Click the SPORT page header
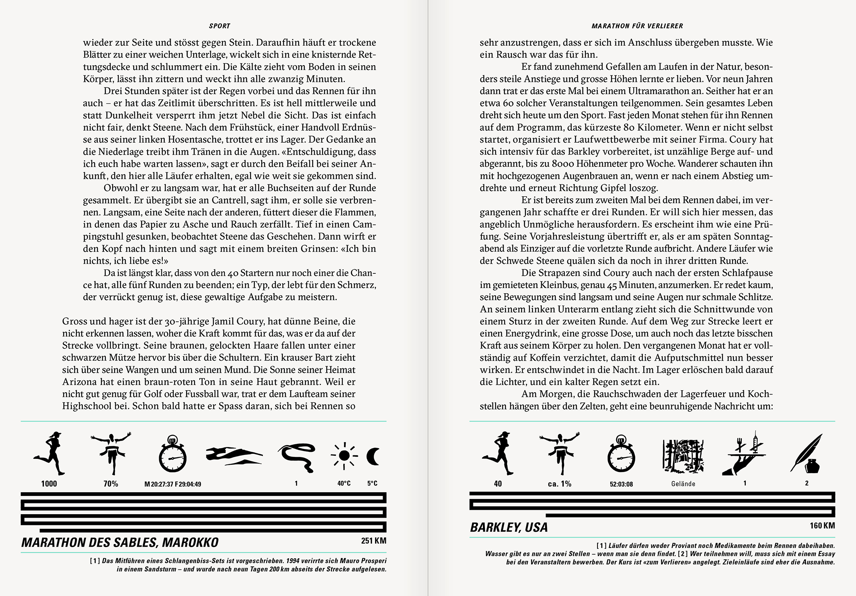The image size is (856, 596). click(220, 26)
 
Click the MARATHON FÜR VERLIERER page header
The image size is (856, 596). click(637, 26)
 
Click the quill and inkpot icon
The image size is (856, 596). click(806, 453)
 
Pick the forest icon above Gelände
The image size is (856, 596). click(683, 454)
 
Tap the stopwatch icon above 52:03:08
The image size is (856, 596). click(621, 455)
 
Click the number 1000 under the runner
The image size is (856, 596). click(49, 484)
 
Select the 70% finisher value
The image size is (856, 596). click(111, 484)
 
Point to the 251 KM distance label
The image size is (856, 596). click(374, 541)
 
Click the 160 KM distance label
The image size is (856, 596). click(822, 526)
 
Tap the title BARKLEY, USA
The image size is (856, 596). click(509, 528)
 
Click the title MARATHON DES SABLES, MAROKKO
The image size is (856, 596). click(120, 543)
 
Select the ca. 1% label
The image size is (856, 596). click(559, 484)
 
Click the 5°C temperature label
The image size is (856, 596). click(372, 484)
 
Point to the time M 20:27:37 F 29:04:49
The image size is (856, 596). click(173, 484)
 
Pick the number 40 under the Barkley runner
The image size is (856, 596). click(498, 484)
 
